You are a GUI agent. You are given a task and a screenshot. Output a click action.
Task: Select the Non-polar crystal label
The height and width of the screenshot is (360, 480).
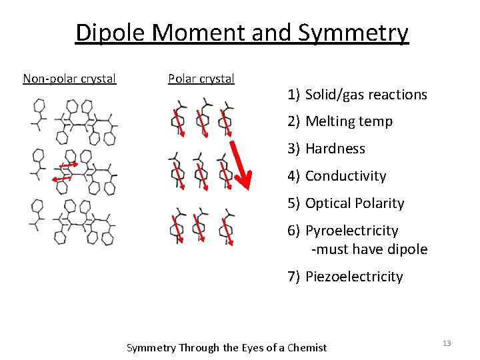coord(69,79)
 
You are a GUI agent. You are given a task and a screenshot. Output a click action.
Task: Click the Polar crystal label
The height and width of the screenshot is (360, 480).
coord(201,79)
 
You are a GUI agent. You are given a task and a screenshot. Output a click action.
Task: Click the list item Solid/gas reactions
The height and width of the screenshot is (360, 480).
coord(366,95)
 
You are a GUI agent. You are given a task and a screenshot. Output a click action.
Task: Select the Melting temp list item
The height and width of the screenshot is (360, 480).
coord(349,121)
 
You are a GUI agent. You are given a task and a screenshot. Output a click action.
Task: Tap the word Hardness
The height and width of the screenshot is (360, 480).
coord(335,149)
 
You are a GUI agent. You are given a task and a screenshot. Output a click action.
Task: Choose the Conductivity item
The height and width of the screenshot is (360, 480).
coord(345,176)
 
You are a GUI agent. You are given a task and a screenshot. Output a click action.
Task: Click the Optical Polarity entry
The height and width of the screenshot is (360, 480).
coord(355,203)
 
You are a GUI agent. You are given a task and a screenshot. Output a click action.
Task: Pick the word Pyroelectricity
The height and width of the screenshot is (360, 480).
coord(351,231)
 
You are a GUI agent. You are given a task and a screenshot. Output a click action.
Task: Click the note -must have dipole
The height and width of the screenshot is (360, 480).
coord(369,249)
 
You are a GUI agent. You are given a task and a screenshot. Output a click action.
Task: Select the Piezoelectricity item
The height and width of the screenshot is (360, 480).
coord(354,277)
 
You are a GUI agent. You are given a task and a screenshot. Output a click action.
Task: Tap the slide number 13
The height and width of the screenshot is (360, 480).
coord(447,343)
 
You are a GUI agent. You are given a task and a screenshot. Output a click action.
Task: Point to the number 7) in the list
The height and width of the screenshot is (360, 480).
coord(294,277)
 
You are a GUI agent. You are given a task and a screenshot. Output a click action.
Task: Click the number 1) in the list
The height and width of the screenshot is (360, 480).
coord(294,95)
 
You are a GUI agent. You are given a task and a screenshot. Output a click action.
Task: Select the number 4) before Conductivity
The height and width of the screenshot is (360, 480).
coord(294,176)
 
